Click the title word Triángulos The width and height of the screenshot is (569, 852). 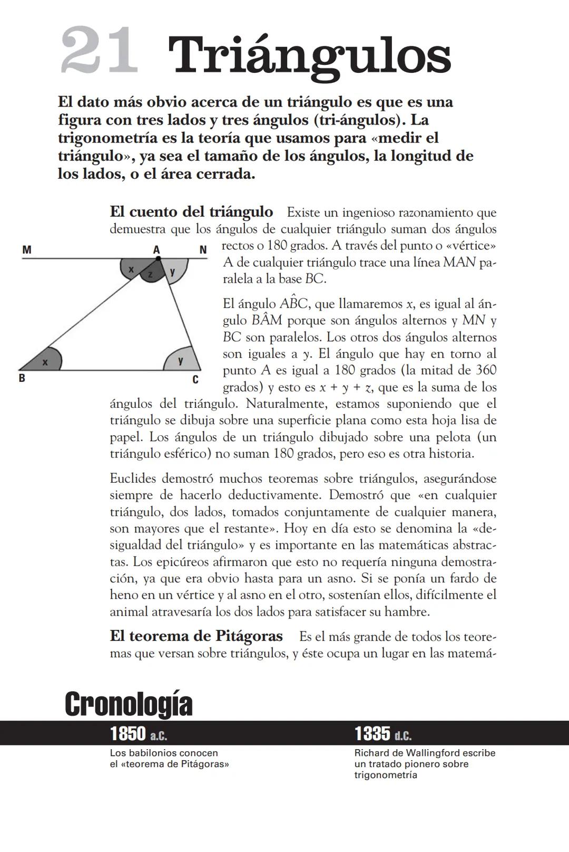(x=309, y=57)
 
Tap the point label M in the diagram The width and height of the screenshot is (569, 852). (x=26, y=250)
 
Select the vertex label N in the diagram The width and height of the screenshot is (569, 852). (x=203, y=250)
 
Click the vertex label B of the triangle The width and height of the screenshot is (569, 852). (x=22, y=378)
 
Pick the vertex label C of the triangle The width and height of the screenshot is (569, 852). (x=195, y=380)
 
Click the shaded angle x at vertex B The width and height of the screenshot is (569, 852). (x=45, y=362)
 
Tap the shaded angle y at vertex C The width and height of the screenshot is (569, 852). (x=181, y=361)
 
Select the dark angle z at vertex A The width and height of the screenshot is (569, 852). (x=151, y=274)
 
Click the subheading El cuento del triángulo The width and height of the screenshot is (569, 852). (x=191, y=212)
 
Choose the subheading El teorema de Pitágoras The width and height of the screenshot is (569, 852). (x=196, y=636)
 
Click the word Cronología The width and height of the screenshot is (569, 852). (x=129, y=704)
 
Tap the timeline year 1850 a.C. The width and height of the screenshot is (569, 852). (x=139, y=734)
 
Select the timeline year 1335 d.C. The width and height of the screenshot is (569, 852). (x=383, y=734)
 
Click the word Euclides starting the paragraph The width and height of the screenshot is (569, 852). (x=133, y=479)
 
